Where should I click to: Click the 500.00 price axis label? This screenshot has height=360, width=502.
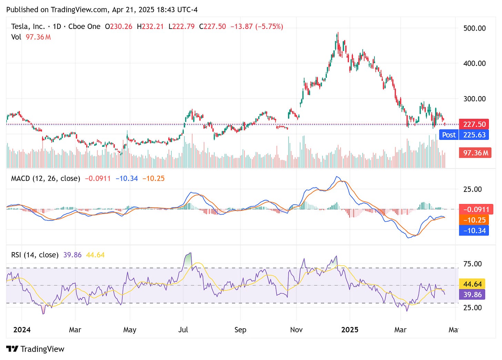(474, 28)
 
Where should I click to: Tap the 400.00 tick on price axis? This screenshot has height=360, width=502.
(474, 63)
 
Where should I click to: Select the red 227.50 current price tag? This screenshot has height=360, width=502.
(474, 124)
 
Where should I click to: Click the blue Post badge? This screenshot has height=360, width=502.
(449, 135)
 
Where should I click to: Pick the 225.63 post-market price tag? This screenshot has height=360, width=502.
(474, 135)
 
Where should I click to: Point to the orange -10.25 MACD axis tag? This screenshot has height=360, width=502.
(474, 220)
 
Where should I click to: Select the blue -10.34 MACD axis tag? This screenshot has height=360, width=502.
(474, 231)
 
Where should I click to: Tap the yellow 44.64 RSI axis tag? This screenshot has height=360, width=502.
(472, 284)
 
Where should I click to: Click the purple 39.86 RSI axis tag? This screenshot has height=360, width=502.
(472, 295)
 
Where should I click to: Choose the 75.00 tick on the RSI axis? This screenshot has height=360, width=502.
(472, 264)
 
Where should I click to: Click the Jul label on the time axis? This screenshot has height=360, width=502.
(183, 330)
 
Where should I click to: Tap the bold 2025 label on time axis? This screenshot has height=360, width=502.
(350, 330)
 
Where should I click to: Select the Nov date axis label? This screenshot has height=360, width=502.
(296, 330)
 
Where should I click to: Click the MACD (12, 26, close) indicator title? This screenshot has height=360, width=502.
(46, 178)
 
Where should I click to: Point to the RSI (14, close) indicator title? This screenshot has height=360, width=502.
(35, 255)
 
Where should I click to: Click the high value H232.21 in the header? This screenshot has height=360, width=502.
(150, 27)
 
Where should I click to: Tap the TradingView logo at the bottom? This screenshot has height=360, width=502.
(35, 349)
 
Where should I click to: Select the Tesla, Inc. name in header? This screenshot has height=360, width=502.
(28, 27)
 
